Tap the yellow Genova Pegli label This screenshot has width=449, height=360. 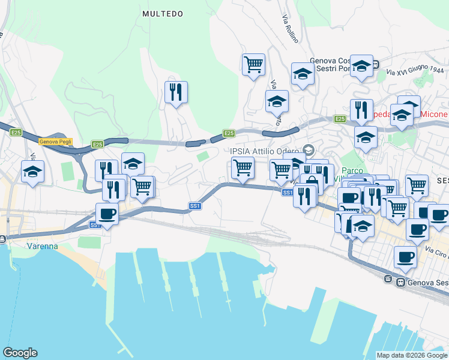pyautogui.click(x=55, y=142)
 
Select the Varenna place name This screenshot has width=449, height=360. pyautogui.click(x=42, y=246)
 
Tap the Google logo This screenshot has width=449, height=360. pyautogui.click(x=20, y=353)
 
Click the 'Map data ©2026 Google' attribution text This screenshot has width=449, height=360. pyautogui.click(x=411, y=355)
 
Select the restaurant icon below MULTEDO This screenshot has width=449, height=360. pyautogui.click(x=176, y=92)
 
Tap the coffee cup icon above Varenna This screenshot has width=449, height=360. pyautogui.click(x=107, y=214)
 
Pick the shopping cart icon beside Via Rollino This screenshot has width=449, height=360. pyautogui.click(x=253, y=64)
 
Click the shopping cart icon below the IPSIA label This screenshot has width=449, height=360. pyautogui.click(x=243, y=167)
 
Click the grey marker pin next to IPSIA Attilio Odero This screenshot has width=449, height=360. pyautogui.click(x=309, y=149)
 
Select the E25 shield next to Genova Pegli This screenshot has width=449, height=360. pyautogui.click(x=98, y=145)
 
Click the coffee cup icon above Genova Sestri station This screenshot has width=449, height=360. pyautogui.click(x=405, y=257)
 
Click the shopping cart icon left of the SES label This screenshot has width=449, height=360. pyautogui.click(x=417, y=185)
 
